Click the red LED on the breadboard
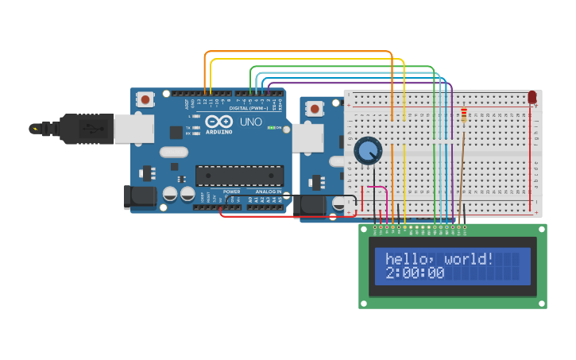click(x=532, y=97)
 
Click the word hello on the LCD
click(x=408, y=259)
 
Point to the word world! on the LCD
click(x=469, y=259)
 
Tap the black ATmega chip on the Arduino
click(x=239, y=176)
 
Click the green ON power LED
click(x=271, y=128)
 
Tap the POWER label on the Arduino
click(x=232, y=192)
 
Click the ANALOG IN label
click(x=268, y=192)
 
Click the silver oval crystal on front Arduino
click(x=173, y=152)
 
